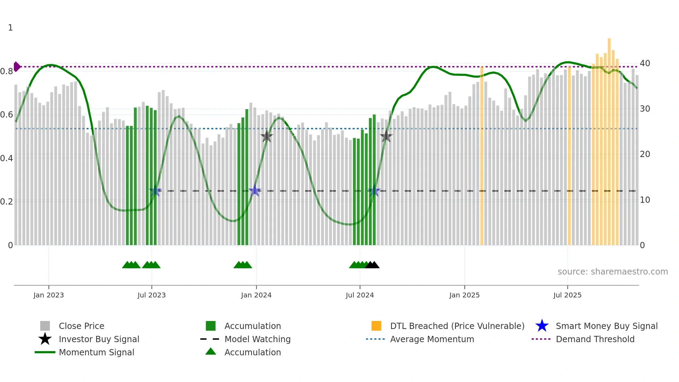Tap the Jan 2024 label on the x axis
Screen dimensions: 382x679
256,295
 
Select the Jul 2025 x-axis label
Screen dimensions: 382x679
567,295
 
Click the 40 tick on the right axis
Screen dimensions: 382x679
645,63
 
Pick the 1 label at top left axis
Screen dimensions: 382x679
10,28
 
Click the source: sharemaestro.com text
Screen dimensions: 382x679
612,272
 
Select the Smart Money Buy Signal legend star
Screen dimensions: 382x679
542,326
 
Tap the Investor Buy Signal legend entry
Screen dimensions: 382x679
99,339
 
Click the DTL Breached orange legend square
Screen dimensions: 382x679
376,326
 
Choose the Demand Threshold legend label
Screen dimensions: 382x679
595,339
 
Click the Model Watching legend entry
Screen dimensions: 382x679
257,339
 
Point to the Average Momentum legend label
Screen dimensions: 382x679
432,339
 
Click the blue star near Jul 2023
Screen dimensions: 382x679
155,191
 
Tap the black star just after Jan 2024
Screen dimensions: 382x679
266,137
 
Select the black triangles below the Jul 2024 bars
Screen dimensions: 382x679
372,265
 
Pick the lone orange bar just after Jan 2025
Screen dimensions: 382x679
482,156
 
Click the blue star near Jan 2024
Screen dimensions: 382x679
255,191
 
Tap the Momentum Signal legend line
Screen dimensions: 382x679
45,352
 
